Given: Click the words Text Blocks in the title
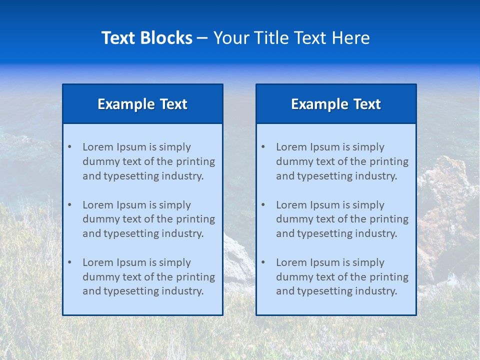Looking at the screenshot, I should click(x=146, y=38).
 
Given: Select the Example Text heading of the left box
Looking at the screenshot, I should click(x=142, y=104).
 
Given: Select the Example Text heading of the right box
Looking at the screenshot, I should click(x=336, y=104).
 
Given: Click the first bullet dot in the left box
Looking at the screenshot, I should click(x=69, y=147).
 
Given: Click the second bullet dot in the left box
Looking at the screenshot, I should click(x=69, y=205).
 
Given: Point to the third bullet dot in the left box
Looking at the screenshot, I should click(x=69, y=262).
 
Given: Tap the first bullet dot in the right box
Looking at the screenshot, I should click(x=263, y=147).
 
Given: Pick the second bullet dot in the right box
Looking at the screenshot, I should click(x=263, y=205).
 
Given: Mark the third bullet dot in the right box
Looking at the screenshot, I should click(x=263, y=262).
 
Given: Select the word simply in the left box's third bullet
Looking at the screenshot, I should click(x=175, y=262).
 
